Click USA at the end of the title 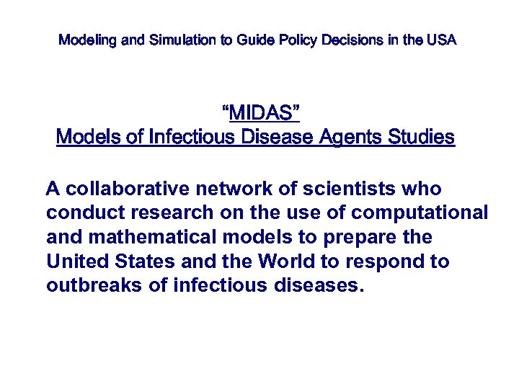click(441, 40)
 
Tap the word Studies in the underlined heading click(423, 137)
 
